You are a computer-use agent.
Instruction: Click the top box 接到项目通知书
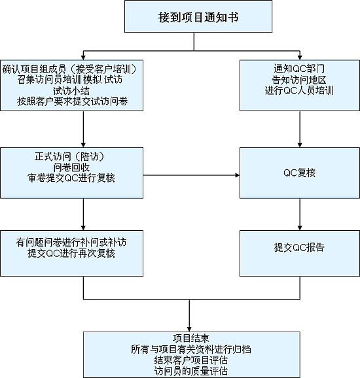[198, 16]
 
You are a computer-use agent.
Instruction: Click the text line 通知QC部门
[299, 69]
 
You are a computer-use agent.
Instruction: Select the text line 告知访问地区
[299, 80]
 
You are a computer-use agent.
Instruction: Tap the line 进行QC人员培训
[299, 91]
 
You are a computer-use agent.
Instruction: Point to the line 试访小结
[71, 91]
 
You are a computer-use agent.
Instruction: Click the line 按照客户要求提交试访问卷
[72, 101]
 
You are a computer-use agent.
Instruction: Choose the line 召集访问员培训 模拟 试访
[70, 80]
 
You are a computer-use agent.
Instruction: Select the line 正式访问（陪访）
[70, 157]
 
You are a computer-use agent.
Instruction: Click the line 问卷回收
[71, 167]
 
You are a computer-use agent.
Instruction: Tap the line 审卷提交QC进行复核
[71, 178]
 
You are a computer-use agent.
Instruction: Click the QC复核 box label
[299, 173]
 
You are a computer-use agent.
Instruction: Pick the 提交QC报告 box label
[299, 248]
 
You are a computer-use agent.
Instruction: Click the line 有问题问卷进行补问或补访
[71, 242]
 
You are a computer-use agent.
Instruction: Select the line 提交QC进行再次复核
[71, 253]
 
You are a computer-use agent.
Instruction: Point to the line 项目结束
[191, 338]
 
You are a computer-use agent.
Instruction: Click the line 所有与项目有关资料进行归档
[191, 349]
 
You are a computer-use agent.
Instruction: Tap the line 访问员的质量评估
[191, 371]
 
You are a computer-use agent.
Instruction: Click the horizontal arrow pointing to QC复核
[191, 175]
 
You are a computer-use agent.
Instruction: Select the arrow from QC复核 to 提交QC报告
[300, 215]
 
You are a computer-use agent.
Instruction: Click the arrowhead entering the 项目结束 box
[189, 330]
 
